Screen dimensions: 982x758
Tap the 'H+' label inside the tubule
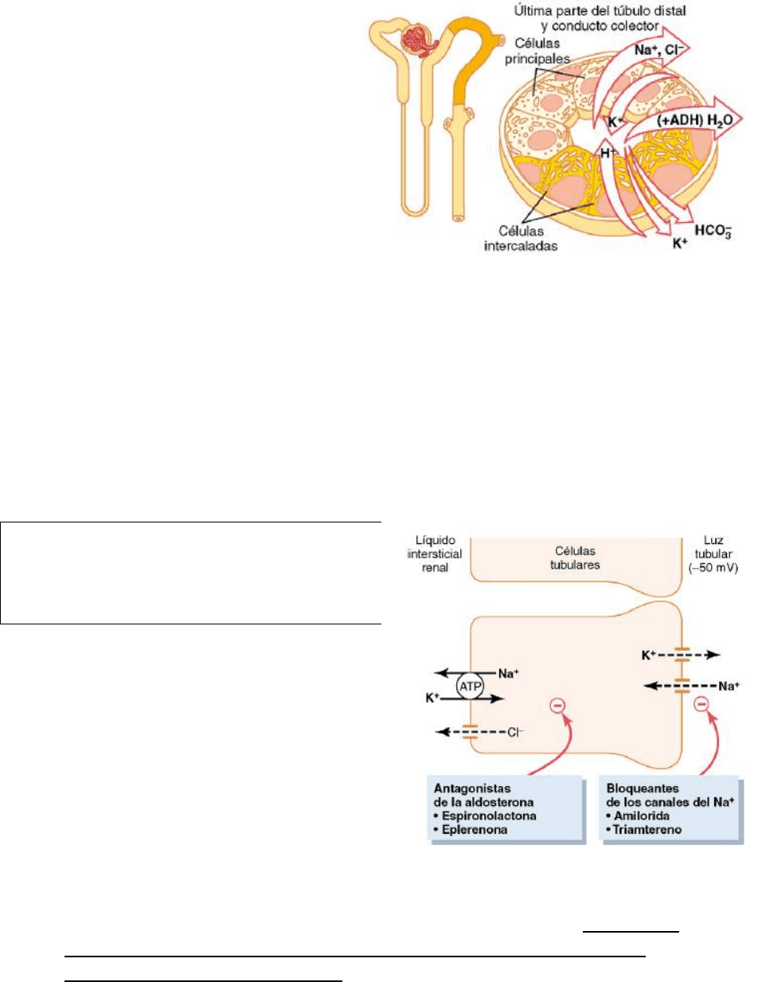coord(608,156)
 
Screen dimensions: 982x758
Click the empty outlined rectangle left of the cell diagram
coord(191,571)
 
